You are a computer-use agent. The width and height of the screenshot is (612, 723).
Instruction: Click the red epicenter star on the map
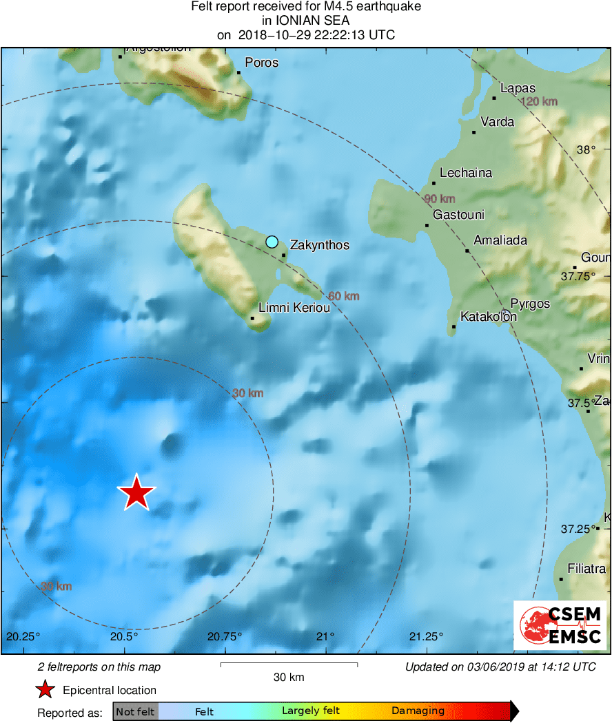(x=136, y=492)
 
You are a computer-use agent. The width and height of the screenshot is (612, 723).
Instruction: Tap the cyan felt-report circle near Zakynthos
(x=272, y=242)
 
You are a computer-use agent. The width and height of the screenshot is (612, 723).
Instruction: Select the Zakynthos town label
(x=319, y=245)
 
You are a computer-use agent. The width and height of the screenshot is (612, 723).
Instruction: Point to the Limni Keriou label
(x=294, y=308)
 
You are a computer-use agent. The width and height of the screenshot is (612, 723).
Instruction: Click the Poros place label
(x=261, y=63)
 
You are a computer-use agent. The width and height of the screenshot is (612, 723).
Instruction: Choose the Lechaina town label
(x=466, y=173)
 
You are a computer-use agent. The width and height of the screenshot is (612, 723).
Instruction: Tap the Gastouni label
(x=458, y=215)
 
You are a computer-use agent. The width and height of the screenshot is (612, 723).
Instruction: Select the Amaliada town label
(x=500, y=240)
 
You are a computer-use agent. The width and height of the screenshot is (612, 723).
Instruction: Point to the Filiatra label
(x=586, y=569)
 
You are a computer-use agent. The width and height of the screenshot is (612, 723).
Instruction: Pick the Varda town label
(x=497, y=122)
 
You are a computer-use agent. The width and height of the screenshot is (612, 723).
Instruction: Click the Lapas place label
(x=518, y=88)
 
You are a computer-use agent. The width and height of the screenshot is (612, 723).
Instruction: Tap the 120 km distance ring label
(x=540, y=102)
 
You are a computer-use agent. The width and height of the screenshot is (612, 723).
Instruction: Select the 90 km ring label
(x=439, y=199)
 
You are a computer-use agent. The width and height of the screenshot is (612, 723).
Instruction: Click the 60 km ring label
(x=343, y=296)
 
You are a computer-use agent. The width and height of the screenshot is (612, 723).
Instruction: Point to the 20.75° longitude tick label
(x=225, y=636)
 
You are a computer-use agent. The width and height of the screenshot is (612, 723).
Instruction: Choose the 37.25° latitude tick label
(x=576, y=529)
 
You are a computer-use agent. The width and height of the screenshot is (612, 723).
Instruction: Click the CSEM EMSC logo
(x=560, y=625)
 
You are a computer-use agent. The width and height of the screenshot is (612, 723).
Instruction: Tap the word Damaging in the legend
(x=418, y=711)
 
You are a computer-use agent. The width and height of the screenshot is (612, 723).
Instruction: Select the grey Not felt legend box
(x=135, y=711)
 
